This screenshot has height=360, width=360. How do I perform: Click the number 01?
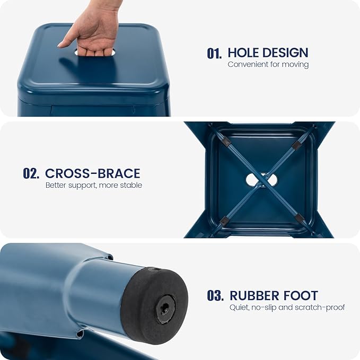pos(214,54)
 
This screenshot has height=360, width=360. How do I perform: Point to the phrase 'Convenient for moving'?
pos(268,65)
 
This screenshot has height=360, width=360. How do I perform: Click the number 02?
pos(31,173)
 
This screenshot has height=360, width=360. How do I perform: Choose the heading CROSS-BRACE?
pos(93,173)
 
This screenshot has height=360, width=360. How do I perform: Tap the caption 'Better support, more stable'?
pos(94,185)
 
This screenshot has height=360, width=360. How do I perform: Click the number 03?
pos(215,295)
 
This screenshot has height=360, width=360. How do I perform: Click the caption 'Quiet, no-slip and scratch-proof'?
pos(287,308)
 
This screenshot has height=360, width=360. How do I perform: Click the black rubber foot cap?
pos(154,305)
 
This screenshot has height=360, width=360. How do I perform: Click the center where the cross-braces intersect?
pos(261,180)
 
